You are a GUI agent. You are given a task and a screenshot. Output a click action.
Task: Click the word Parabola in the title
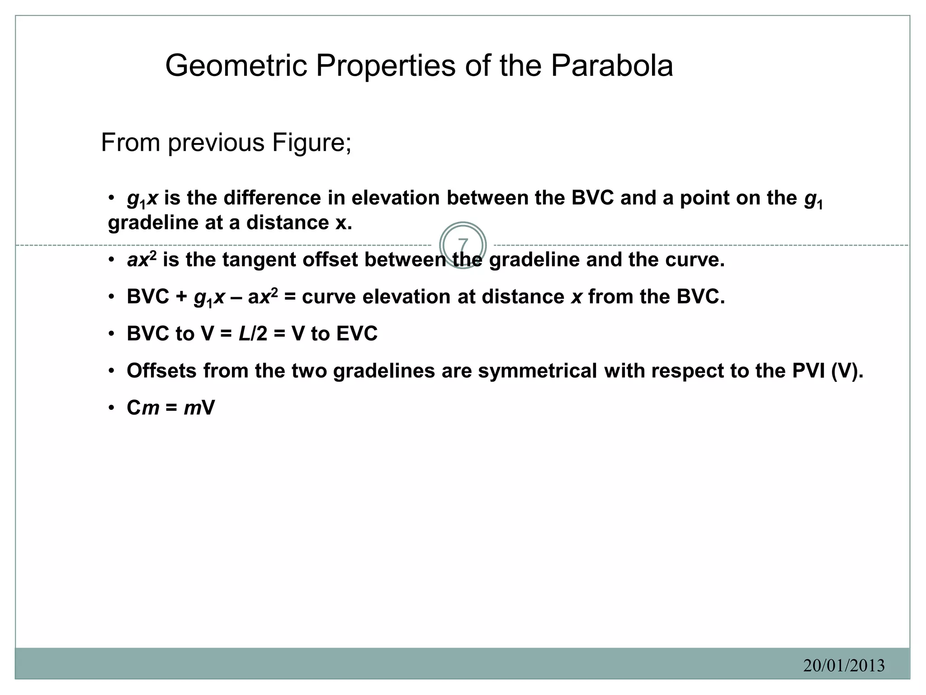(x=611, y=66)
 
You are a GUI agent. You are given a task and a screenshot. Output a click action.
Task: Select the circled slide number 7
(x=463, y=245)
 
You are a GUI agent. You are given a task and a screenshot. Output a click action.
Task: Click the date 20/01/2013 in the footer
(x=844, y=666)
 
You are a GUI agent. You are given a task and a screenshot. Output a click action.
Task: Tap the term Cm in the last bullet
(x=143, y=408)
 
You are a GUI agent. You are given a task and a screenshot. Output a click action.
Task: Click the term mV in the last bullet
(x=199, y=408)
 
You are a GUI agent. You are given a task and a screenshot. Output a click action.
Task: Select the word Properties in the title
(x=386, y=66)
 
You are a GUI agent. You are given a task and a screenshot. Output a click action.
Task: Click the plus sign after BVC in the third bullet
(x=181, y=297)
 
